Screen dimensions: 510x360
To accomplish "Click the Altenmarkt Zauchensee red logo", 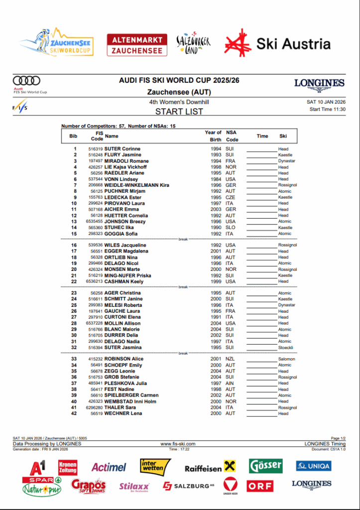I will (137, 44).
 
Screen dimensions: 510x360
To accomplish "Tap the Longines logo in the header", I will (319, 84).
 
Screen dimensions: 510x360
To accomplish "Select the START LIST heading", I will (179, 112).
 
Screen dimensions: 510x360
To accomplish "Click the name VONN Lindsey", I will (121, 179).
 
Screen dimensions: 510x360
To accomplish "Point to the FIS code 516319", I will (96, 149).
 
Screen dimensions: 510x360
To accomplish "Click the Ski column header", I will (283, 136).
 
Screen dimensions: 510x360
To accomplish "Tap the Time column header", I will (262, 136).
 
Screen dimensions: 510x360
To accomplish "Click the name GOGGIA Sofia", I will (121, 234).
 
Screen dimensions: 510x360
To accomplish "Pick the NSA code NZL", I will (230, 359).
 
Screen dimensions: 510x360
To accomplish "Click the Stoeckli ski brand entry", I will (286, 348).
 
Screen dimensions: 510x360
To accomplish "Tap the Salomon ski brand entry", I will (286, 359).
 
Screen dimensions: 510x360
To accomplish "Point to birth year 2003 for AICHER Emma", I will (215, 209).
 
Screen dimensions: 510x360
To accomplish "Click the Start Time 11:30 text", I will (327, 109).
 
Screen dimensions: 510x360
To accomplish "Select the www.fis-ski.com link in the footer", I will (178, 444).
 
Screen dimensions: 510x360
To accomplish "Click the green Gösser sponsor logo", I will (266, 466).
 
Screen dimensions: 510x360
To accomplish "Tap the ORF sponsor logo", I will (260, 486).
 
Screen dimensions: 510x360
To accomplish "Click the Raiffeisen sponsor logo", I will (210, 468).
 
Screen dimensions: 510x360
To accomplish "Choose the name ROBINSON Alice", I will (123, 359).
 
